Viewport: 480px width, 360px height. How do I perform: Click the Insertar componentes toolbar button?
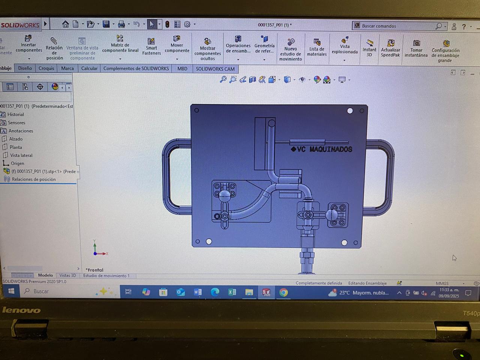click(28, 44)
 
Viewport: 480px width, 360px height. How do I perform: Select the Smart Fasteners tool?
click(151, 46)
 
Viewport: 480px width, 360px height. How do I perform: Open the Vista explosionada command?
click(345, 46)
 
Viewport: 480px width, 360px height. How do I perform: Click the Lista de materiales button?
click(317, 47)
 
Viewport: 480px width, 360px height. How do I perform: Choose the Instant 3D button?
click(369, 48)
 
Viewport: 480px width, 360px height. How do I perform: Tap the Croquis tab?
click(46, 68)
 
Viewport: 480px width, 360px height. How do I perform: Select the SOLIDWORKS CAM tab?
click(215, 69)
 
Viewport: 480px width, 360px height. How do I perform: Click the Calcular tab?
click(89, 68)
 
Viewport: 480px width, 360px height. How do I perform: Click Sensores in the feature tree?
click(16, 123)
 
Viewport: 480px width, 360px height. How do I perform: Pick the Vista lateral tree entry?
click(21, 155)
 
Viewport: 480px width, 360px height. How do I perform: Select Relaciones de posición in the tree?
click(33, 179)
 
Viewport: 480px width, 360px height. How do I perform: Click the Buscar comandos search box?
click(396, 26)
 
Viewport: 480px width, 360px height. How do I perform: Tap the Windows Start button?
click(11, 291)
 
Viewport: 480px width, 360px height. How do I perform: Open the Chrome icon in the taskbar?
click(283, 292)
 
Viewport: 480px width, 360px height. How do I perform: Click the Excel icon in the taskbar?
click(232, 292)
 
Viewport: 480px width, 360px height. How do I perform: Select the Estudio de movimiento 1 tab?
click(106, 276)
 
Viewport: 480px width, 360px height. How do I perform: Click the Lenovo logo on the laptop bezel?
click(21, 310)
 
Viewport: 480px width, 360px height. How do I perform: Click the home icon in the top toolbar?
click(66, 24)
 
